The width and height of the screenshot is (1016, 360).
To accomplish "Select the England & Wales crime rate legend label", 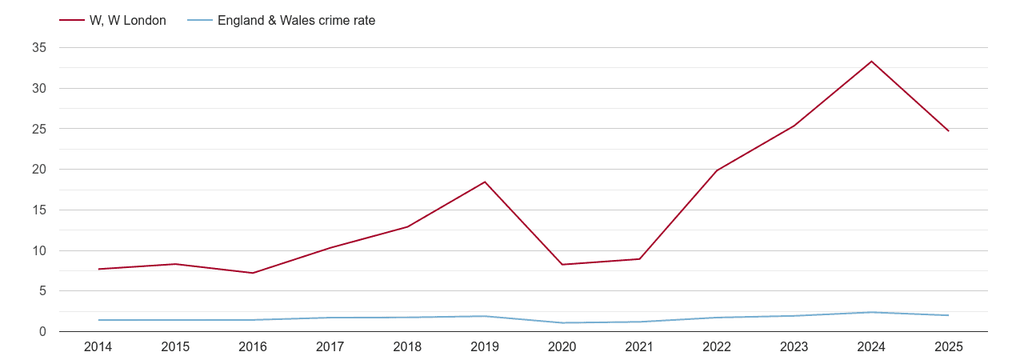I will [x=296, y=21].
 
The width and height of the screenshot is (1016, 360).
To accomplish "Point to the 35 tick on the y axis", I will [x=39, y=48].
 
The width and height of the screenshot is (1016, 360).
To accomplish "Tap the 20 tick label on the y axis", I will [x=39, y=170].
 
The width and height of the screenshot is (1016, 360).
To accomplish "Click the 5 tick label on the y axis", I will [x=42, y=291].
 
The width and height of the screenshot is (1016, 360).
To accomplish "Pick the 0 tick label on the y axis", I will [x=42, y=331].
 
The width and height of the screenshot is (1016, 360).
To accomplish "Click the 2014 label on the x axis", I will [x=98, y=346].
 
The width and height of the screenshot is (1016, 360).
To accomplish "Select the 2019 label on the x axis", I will [x=485, y=346].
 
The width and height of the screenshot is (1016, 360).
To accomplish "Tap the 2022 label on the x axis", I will [x=717, y=346].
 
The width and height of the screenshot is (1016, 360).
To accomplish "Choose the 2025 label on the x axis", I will [x=949, y=346].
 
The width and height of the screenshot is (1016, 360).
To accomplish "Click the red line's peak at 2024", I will [x=871, y=62].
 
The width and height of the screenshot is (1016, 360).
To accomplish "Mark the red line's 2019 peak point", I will [x=485, y=182].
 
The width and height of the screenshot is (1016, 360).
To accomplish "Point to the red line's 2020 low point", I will [x=562, y=265].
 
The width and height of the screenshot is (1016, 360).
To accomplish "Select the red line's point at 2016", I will [x=253, y=273].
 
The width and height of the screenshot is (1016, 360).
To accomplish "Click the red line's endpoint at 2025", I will [x=949, y=131].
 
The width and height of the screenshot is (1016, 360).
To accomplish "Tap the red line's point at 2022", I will [x=717, y=170].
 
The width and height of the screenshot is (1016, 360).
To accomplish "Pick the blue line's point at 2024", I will [x=871, y=312].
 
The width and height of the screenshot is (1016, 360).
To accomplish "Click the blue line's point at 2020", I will [x=562, y=322].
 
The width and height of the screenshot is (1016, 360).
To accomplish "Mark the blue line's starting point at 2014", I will [x=98, y=320].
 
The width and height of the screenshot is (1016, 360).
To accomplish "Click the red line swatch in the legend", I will [x=72, y=21].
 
